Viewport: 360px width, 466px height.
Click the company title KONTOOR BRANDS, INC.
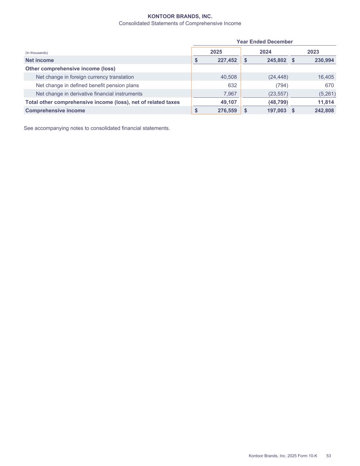(x=180, y=16)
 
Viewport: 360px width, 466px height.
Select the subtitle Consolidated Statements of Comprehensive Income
(x=180, y=24)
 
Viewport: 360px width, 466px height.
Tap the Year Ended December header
(x=264, y=42)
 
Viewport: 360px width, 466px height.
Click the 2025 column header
(x=216, y=52)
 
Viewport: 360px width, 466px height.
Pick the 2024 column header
(x=265, y=52)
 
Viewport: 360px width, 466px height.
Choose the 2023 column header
(x=313, y=52)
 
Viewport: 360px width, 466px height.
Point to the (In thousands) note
(x=37, y=53)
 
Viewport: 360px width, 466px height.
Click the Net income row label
(x=40, y=60)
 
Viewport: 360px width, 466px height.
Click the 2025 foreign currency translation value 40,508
(x=229, y=77)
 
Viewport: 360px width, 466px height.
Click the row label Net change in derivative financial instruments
(x=89, y=94)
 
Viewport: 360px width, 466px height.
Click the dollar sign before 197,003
(x=246, y=111)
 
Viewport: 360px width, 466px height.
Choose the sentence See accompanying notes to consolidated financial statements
(x=97, y=128)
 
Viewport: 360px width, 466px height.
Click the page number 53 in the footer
(x=329, y=456)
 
